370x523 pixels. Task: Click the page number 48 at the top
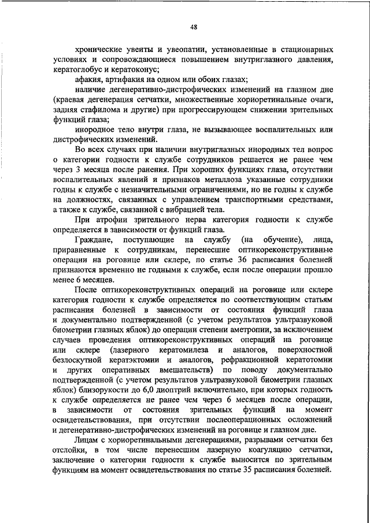(194, 26)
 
